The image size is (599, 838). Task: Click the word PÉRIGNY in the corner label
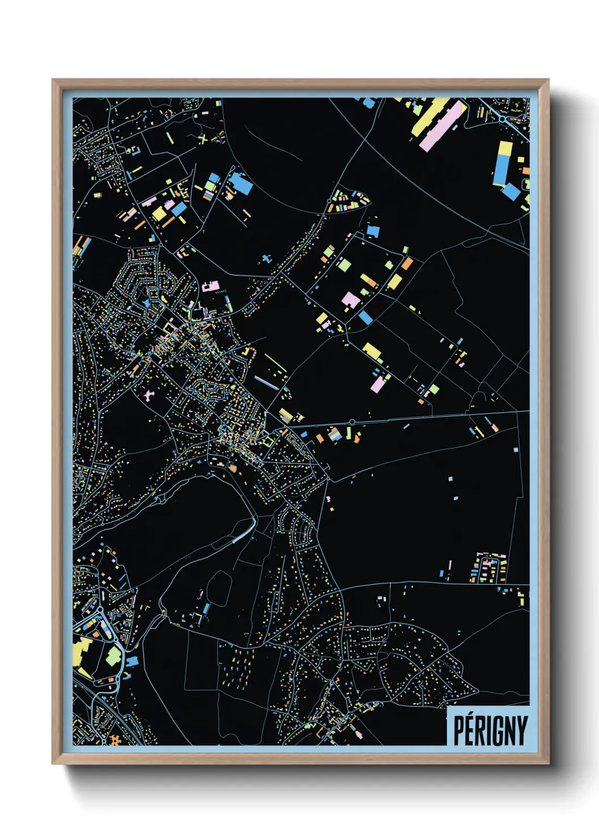coord(490,730)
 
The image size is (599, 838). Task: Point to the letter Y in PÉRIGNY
coord(521,730)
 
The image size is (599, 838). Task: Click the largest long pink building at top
coord(443,126)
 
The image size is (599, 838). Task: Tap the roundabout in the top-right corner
coord(503,118)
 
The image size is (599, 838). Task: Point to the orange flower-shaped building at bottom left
coord(116,740)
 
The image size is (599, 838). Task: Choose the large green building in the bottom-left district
coord(114,656)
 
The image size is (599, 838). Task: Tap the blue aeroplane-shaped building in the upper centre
coord(266,259)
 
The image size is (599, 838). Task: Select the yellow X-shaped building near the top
coord(203,138)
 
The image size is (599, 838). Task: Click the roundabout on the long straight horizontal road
coord(352,422)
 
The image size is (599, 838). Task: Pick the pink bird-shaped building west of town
coord(149,394)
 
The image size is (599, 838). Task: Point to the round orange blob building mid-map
coord(232,468)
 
